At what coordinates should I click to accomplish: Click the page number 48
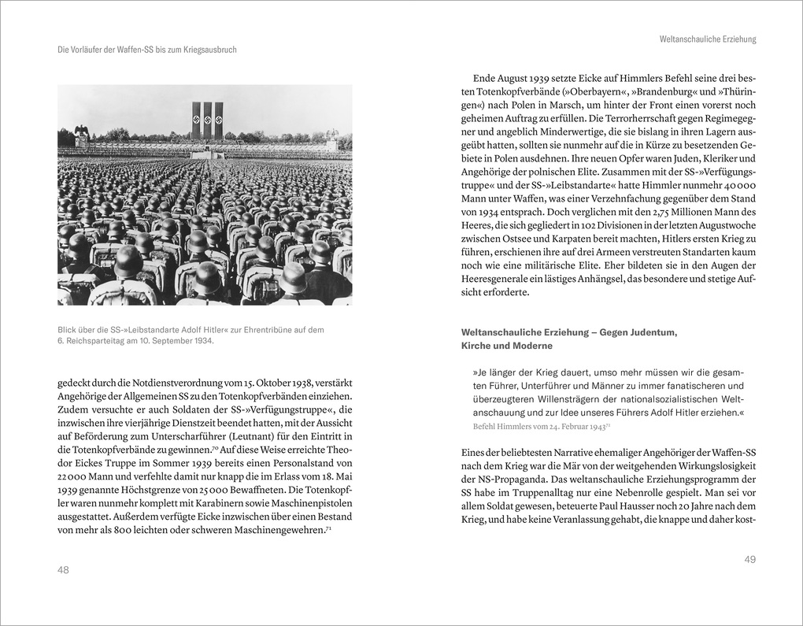coord(64,570)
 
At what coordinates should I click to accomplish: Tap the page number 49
coord(749,559)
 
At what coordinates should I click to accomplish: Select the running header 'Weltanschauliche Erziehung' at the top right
coord(707,39)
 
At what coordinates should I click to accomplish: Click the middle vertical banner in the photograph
coord(207,120)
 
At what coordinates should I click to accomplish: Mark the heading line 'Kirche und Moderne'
coord(507,346)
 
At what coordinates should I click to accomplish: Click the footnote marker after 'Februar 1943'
coord(609,424)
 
